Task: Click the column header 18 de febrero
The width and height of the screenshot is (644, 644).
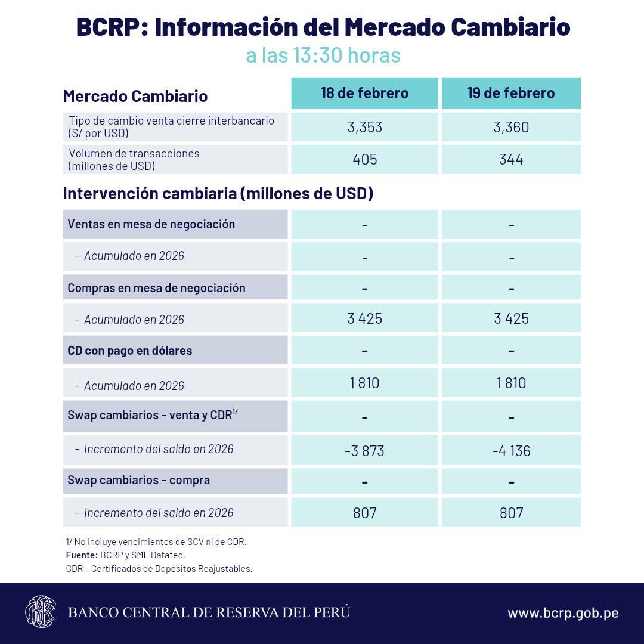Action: [364, 93]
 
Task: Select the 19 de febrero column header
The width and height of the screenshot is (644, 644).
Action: [511, 93]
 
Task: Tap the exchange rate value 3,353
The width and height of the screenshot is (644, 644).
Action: [364, 127]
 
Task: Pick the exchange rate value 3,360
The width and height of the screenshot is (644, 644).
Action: [511, 127]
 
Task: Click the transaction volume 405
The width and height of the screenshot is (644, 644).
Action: [364, 159]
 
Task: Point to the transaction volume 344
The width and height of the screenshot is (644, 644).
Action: [511, 159]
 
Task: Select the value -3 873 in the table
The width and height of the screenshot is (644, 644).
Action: [364, 451]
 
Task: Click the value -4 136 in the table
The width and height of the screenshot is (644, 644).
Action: [511, 451]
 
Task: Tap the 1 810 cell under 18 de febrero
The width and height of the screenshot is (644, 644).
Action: [364, 383]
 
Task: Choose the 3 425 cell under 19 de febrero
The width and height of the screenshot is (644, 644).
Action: [511, 318]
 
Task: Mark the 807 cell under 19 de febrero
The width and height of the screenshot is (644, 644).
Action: [511, 513]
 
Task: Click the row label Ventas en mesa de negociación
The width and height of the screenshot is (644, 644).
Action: [151, 224]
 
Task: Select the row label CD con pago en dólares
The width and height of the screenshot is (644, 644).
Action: [130, 351]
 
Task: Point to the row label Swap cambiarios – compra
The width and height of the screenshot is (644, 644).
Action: [139, 480]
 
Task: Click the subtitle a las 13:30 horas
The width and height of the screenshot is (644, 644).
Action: [323, 55]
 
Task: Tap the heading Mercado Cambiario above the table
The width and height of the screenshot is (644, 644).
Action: [135, 96]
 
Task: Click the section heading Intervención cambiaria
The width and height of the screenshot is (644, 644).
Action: [218, 194]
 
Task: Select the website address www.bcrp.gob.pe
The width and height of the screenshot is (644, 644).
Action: [562, 613]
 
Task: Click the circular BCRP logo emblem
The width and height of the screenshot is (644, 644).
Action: [40, 612]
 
